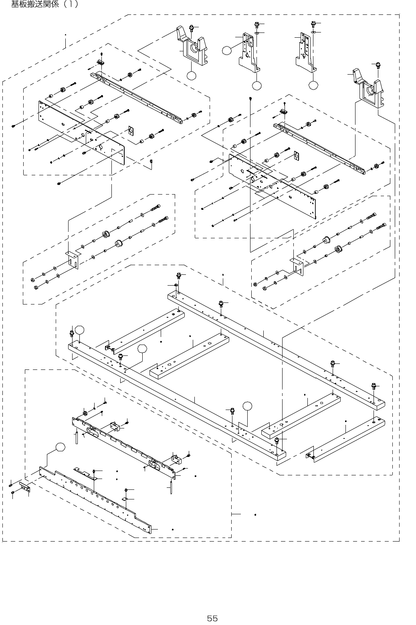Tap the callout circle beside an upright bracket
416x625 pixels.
click(x=227, y=51)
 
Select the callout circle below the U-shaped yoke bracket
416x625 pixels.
click(x=192, y=75)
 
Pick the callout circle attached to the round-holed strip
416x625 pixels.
click(x=60, y=447)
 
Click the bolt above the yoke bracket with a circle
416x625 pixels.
click(x=192, y=28)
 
